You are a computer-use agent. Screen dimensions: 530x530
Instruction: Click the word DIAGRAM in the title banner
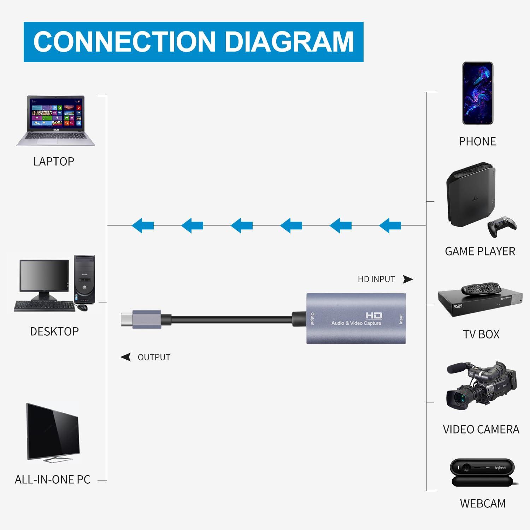tap(289, 42)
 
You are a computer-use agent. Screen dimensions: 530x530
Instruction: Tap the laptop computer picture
tap(56, 120)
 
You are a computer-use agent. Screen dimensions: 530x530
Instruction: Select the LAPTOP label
tap(54, 161)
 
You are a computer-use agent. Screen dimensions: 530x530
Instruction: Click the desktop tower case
tap(84, 279)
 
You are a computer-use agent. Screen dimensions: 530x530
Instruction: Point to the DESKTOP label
tap(54, 331)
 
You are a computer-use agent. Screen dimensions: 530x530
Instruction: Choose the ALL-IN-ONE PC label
tap(53, 479)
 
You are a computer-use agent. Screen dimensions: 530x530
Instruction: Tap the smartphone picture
tap(477, 93)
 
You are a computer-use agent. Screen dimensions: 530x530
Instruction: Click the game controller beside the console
tap(502, 226)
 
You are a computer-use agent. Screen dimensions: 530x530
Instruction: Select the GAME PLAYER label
tap(480, 251)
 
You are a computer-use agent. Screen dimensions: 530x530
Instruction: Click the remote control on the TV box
tap(481, 288)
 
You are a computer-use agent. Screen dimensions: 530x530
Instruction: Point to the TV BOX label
tap(481, 334)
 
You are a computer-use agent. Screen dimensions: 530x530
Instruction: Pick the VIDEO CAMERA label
tap(481, 429)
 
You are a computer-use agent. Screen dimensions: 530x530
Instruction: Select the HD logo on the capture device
tap(373, 315)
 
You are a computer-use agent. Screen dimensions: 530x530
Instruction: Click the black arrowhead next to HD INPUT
tap(408, 279)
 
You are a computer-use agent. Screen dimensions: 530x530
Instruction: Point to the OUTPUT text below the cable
tap(154, 357)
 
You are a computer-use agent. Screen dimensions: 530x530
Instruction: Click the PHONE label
tap(477, 141)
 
